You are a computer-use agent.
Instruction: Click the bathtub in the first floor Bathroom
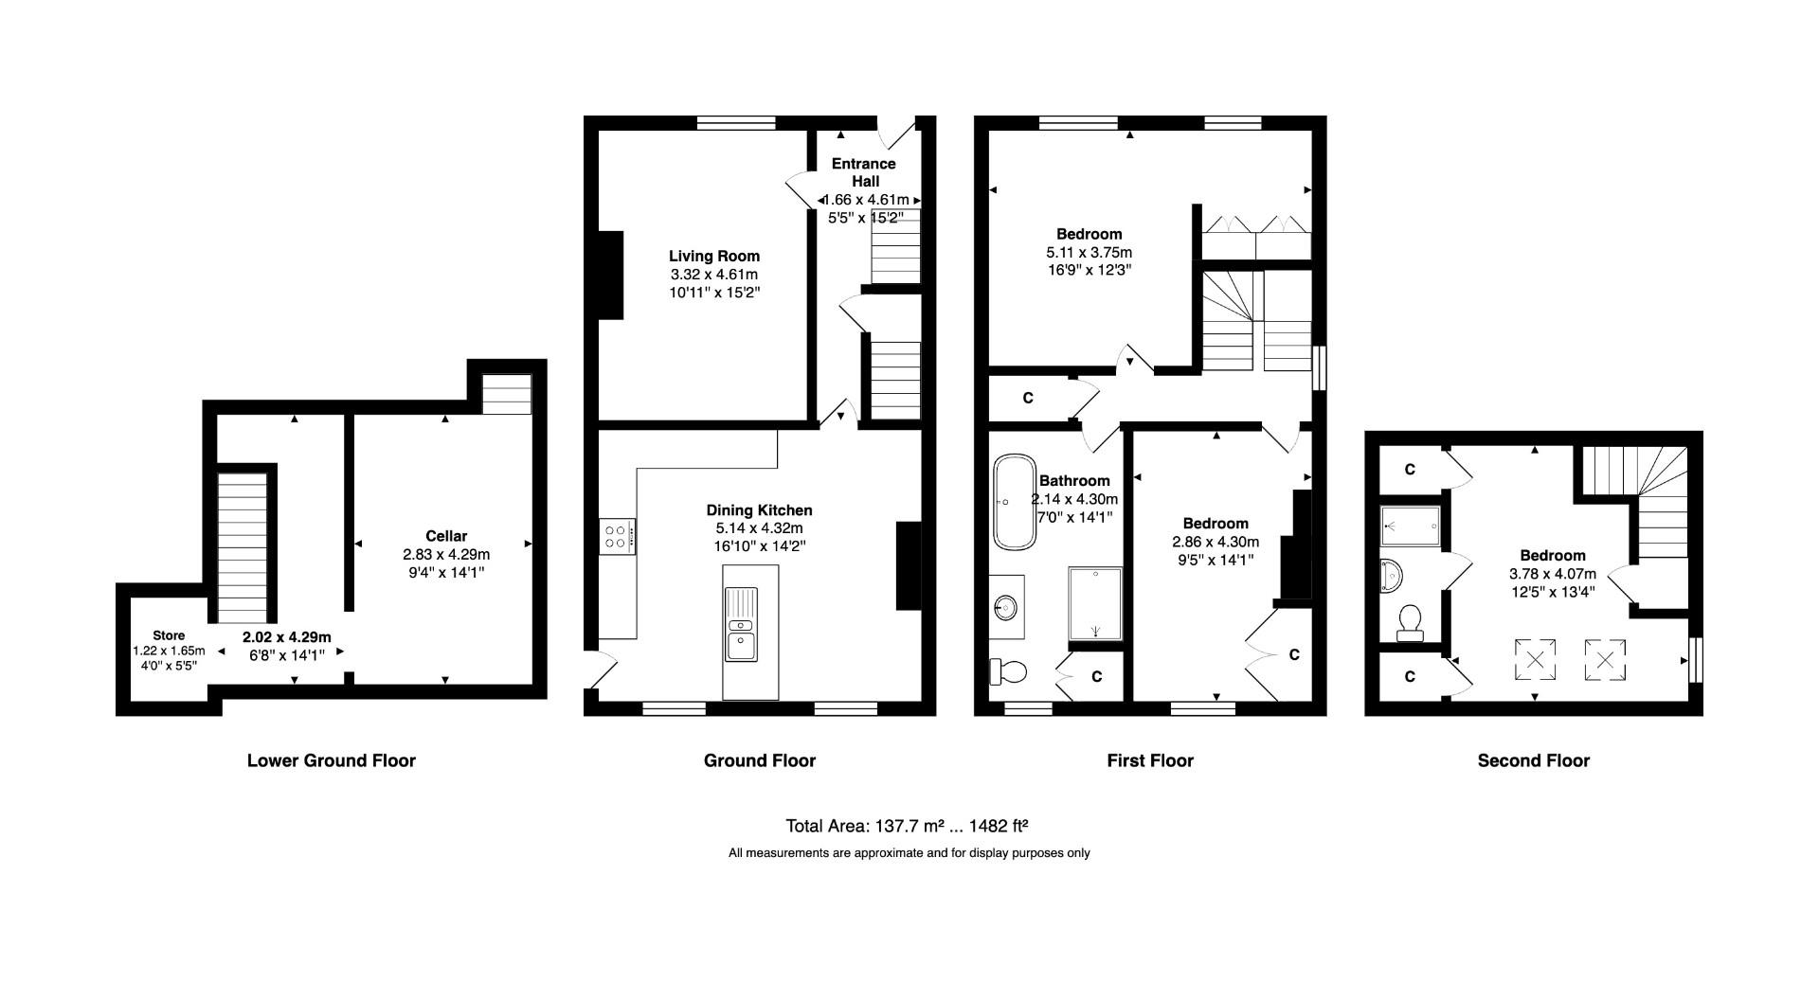(1014, 502)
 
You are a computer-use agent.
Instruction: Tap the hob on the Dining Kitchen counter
(617, 537)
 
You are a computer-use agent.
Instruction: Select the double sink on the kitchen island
(740, 625)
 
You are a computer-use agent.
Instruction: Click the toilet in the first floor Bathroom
(1009, 672)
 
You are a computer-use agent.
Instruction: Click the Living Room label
(714, 256)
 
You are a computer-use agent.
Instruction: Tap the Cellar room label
(446, 536)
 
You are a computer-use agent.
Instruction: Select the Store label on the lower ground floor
(169, 635)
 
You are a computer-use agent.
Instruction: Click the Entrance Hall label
(864, 172)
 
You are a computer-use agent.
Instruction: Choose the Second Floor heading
(1533, 760)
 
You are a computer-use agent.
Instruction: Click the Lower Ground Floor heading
(332, 760)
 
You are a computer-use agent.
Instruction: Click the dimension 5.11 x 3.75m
(1089, 253)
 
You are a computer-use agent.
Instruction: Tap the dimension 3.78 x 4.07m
(1552, 574)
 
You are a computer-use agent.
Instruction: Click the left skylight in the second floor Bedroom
(1534, 659)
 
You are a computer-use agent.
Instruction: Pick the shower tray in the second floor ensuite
(1410, 526)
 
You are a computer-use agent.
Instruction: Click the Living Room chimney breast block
(610, 275)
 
